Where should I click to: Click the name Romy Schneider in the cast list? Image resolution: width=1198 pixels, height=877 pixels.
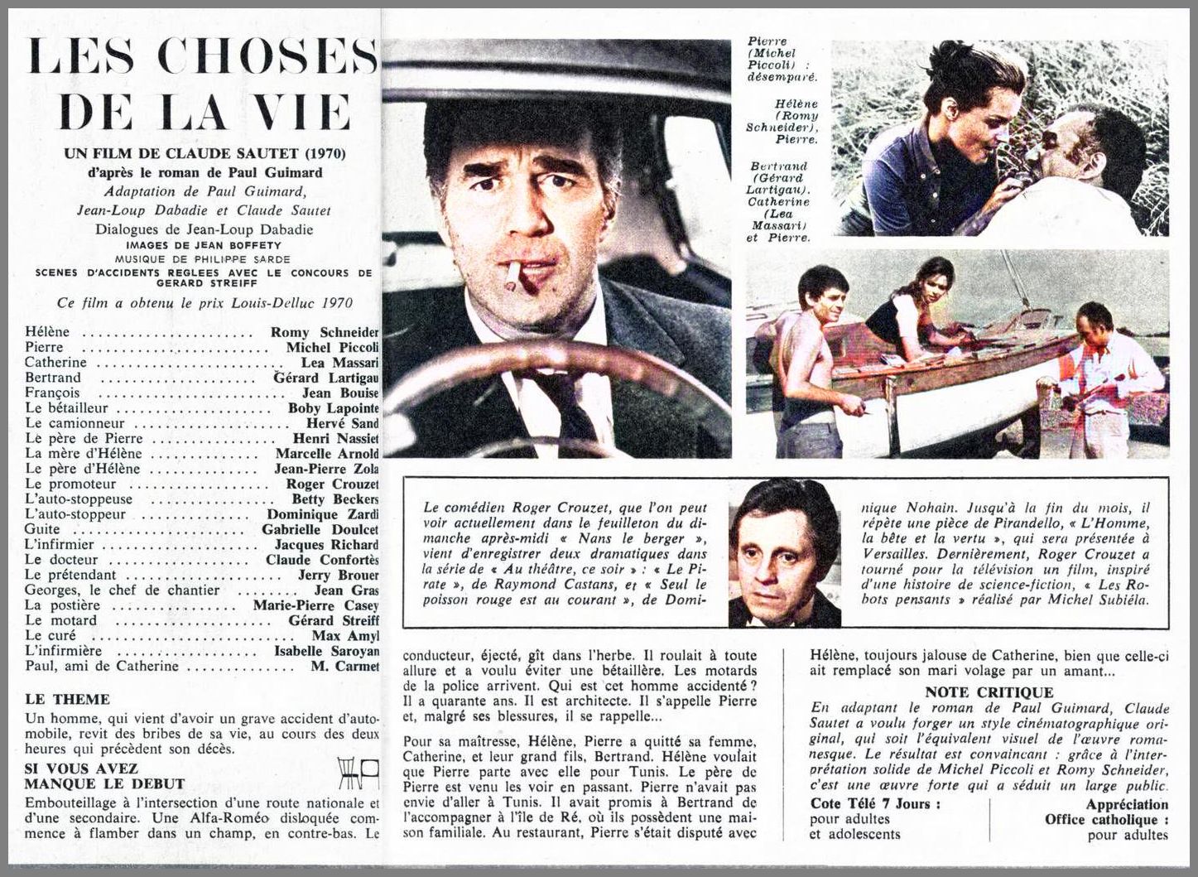click(x=325, y=332)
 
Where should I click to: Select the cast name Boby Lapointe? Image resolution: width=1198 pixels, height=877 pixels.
click(x=334, y=408)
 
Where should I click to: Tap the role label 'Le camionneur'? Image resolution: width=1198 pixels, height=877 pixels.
click(x=67, y=423)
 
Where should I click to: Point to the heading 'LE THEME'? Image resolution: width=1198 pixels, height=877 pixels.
click(x=67, y=700)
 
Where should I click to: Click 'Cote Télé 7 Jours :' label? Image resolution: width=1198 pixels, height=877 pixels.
click(x=877, y=804)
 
